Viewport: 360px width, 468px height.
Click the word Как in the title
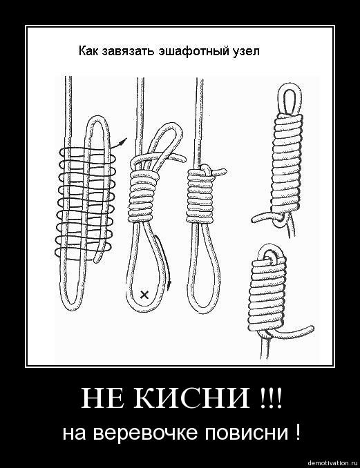coord(88,51)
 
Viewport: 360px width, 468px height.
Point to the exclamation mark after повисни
coord(296,432)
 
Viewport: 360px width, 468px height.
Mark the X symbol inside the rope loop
coord(144,295)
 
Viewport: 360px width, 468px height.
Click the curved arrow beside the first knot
coord(118,143)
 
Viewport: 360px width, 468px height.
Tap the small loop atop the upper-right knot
coord(290,99)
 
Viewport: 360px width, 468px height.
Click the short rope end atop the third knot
coord(218,171)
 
